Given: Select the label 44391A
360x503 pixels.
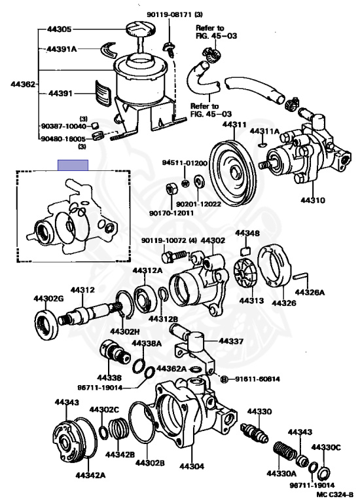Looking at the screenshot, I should [x=62, y=49].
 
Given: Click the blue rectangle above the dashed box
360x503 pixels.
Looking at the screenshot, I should [x=75, y=165].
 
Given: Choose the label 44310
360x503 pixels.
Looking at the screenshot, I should [x=312, y=200].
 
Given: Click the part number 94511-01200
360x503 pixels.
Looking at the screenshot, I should [x=185, y=162].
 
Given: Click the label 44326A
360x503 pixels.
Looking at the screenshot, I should [x=310, y=292].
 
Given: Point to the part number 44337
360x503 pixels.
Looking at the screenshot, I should [x=231, y=341].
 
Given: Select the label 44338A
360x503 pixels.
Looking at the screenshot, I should [x=147, y=343].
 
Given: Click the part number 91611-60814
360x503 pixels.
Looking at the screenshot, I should [x=255, y=379].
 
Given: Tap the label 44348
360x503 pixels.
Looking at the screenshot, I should [x=247, y=233].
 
